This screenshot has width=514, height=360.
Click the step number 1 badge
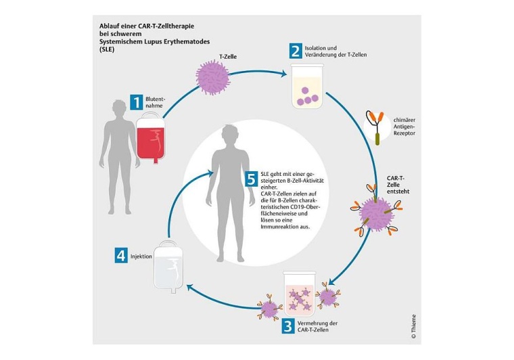coord(136,102)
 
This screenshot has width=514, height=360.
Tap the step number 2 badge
coord(295,51)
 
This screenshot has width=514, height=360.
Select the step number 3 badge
coord(288,326)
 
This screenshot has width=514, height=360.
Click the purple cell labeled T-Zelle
coord(214,76)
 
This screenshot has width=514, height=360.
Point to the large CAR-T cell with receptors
coord(376,212)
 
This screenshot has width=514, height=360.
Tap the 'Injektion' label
coord(141,256)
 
